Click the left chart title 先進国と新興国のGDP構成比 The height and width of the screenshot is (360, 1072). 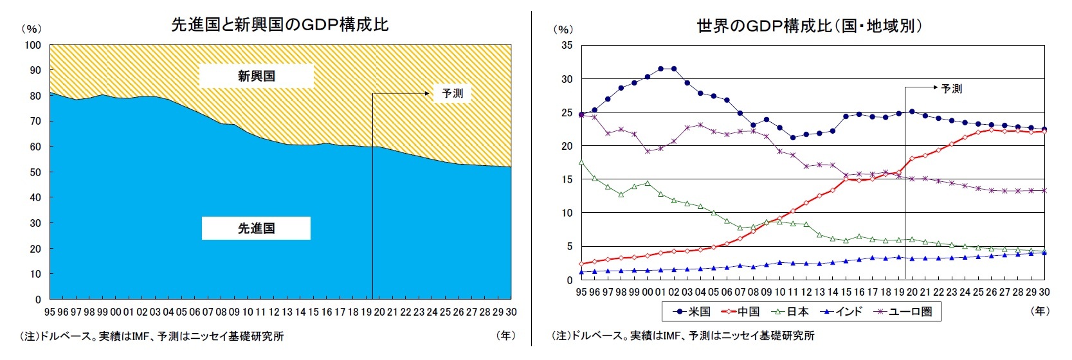pos(280,24)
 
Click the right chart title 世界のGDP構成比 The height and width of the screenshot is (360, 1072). pos(810,26)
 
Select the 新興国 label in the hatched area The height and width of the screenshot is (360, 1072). pos(256,76)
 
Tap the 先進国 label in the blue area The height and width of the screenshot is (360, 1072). pos(256,228)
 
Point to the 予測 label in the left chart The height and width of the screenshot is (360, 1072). pos(452,93)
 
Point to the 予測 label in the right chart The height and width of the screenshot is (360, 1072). pos(951,89)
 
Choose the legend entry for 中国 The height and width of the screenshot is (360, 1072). pos(741,312)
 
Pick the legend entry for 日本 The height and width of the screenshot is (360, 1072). pos(790,312)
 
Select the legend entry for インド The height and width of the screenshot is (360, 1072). pos(842,312)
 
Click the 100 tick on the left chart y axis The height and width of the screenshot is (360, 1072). pos(33,45)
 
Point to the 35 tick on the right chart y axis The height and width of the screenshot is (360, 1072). pos(566,45)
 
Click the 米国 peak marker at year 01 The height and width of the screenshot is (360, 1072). pos(660,69)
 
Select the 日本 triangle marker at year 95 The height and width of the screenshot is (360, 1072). pos(581,163)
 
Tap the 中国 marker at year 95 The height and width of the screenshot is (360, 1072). pos(581,264)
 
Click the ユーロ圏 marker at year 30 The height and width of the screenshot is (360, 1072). pos(1044,190)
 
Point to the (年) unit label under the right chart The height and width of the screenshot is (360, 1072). pos(1039,311)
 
